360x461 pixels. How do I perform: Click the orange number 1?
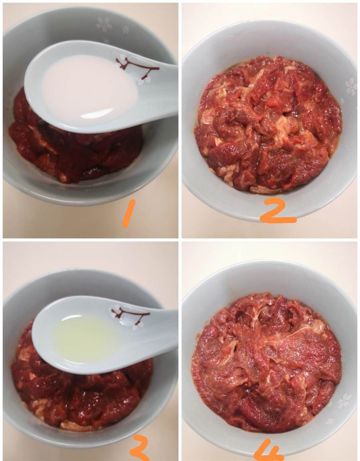point(128,213)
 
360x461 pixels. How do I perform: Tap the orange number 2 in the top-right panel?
point(278,210)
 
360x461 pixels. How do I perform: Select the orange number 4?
point(268,450)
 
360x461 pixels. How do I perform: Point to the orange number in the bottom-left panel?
point(139,448)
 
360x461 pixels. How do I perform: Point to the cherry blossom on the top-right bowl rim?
point(350,86)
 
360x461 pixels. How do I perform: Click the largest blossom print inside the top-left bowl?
point(104,24)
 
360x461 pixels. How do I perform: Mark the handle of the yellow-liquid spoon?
point(159,326)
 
